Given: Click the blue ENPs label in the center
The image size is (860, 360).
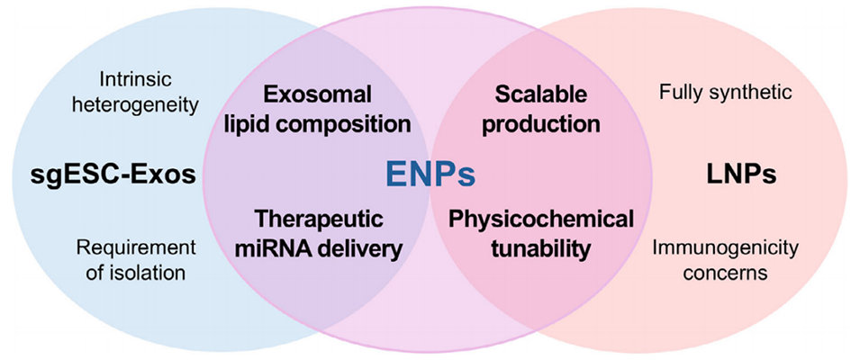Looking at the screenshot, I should pyautogui.click(x=430, y=174).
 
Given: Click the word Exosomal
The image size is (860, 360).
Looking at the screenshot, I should pyautogui.click(x=317, y=94).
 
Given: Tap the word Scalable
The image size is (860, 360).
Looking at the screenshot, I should pyautogui.click(x=540, y=94).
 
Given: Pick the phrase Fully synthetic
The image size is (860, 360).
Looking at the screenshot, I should pyautogui.click(x=726, y=93).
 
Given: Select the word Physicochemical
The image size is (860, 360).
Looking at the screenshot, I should pyautogui.click(x=541, y=219).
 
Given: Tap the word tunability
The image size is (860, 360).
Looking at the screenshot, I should pyautogui.click(x=539, y=247).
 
